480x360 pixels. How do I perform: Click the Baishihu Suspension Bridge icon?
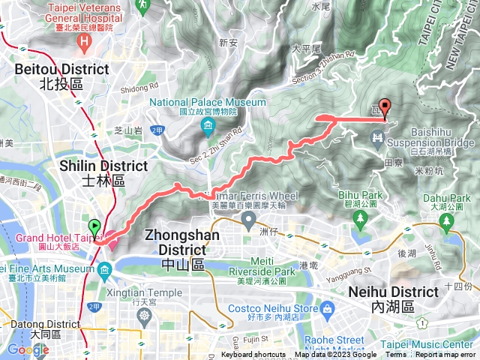(x=377, y=137)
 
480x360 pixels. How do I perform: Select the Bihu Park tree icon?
(x=361, y=218)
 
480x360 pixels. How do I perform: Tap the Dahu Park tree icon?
(x=446, y=220)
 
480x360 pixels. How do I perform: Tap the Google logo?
(x=28, y=349)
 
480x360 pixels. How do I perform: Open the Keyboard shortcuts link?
(x=253, y=355)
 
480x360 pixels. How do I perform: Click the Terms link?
(x=395, y=355)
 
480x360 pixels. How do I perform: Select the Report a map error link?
(x=445, y=355)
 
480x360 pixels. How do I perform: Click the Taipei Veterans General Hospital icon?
(x=87, y=39)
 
